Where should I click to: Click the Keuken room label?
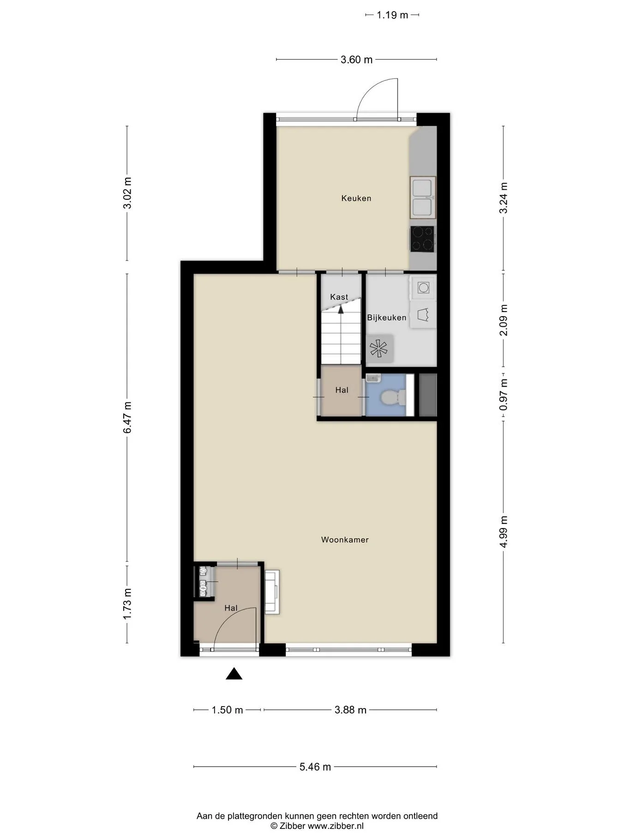pyautogui.click(x=356, y=198)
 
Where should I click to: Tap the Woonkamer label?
pyautogui.click(x=345, y=540)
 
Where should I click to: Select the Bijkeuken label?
pyautogui.click(x=387, y=318)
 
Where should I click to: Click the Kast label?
pyautogui.click(x=339, y=297)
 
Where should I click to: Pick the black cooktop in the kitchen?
pyautogui.click(x=422, y=239)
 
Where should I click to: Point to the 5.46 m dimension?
pyautogui.click(x=315, y=767)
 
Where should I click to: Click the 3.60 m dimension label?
pyautogui.click(x=356, y=60)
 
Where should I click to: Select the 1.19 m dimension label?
pyautogui.click(x=392, y=15)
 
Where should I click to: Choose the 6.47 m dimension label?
pyautogui.click(x=127, y=417)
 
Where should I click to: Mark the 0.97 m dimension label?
pyautogui.click(x=504, y=395)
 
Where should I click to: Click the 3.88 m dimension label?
pyautogui.click(x=350, y=710)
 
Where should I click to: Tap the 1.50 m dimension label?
pyautogui.click(x=227, y=710)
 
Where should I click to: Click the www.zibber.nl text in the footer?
pyautogui.click(x=336, y=826)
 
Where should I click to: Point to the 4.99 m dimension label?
pyautogui.click(x=504, y=532)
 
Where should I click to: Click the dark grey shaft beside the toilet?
pyautogui.click(x=428, y=395)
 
